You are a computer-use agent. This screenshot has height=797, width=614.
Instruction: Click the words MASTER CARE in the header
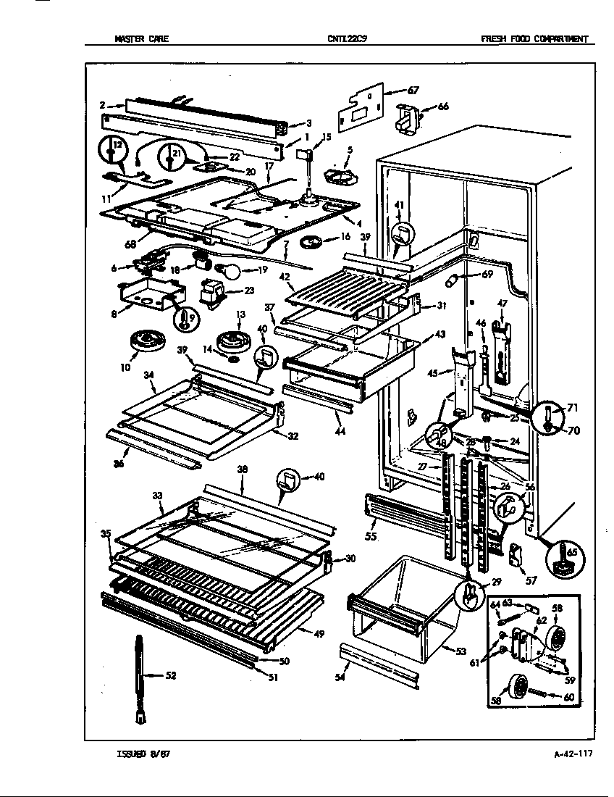(141, 39)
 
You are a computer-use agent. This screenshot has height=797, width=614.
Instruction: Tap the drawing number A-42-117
(572, 754)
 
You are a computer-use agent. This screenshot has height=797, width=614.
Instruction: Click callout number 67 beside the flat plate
(413, 91)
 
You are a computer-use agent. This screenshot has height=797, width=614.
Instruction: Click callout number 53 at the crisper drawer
(460, 651)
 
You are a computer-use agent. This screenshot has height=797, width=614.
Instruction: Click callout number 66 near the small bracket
(442, 107)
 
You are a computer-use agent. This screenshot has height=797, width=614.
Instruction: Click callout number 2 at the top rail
(103, 106)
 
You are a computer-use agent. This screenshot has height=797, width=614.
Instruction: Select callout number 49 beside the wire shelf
(319, 634)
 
